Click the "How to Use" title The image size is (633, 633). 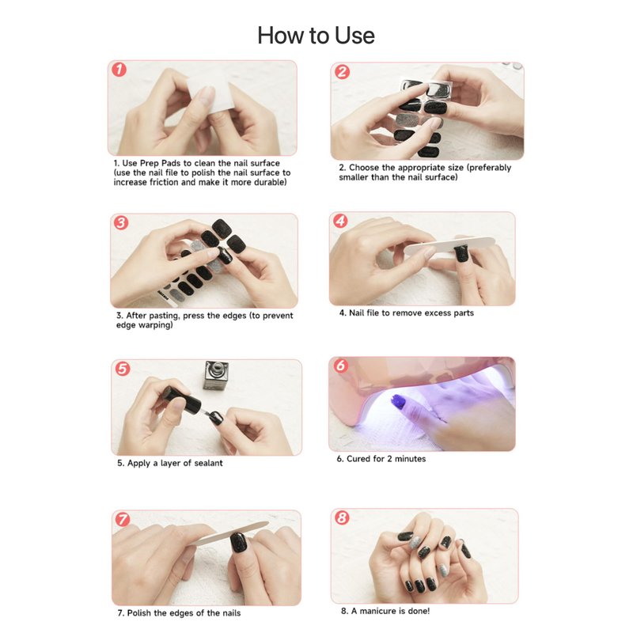click(x=316, y=36)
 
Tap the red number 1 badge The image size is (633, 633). click(x=119, y=70)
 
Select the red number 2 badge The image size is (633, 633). click(x=343, y=72)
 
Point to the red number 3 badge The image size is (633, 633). click(x=121, y=222)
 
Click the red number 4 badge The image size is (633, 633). click(x=341, y=221)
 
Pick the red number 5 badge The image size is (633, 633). click(x=123, y=369)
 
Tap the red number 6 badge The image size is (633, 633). click(x=341, y=366)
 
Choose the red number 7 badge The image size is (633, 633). click(x=123, y=519)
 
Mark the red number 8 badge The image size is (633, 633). click(x=342, y=517)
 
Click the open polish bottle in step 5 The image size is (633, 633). click(x=217, y=375)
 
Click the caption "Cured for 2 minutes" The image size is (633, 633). click(x=381, y=459)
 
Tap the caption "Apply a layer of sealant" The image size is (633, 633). click(x=170, y=463)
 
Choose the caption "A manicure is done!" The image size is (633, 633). click(x=385, y=611)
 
